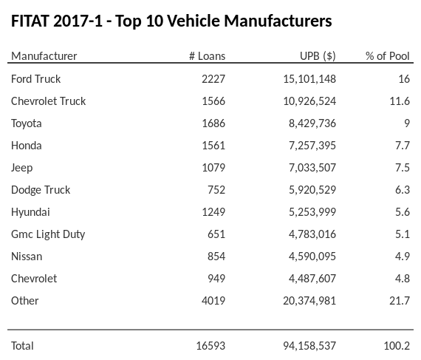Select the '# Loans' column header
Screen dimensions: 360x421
(x=207, y=56)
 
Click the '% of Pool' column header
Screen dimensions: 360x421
(x=388, y=56)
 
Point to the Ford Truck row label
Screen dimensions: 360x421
(x=36, y=78)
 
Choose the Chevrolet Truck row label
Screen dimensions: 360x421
(x=49, y=101)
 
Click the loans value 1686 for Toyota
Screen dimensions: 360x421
(x=213, y=123)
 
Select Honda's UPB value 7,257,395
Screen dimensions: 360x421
(x=312, y=145)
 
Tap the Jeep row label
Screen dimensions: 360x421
(x=22, y=167)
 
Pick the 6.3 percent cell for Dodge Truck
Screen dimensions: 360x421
(x=403, y=189)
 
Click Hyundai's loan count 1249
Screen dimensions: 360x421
(x=213, y=211)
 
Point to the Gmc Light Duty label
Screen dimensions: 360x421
(x=48, y=234)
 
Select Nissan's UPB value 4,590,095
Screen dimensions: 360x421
(x=312, y=256)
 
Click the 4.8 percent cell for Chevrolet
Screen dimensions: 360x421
(x=403, y=278)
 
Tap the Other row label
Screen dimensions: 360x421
(x=25, y=300)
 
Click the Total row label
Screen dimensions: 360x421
(x=23, y=345)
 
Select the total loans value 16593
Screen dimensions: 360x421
(x=210, y=345)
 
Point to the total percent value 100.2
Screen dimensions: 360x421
(x=399, y=345)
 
